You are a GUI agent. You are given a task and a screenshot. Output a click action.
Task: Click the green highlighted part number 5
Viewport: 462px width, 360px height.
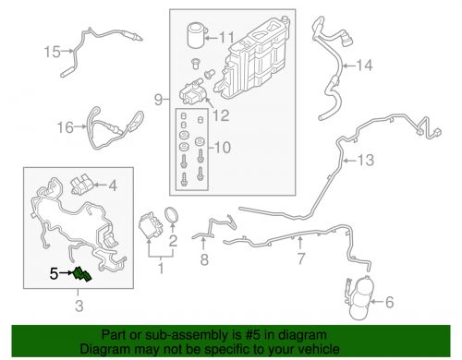pyautogui.click(x=82, y=274)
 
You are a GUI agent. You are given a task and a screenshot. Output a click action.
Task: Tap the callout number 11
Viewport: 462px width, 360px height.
pyautogui.click(x=226, y=38)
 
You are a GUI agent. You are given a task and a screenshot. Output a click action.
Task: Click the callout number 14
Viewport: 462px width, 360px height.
pyautogui.click(x=364, y=66)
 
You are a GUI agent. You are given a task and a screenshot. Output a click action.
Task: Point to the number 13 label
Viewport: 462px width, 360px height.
pyautogui.click(x=366, y=160)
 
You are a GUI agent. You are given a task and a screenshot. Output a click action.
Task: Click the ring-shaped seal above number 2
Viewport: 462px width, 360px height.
pyautogui.click(x=172, y=215)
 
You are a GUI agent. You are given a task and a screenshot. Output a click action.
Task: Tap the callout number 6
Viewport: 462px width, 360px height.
pyautogui.click(x=390, y=302)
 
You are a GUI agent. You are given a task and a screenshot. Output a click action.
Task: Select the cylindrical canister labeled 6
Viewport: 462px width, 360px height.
pyautogui.click(x=359, y=297)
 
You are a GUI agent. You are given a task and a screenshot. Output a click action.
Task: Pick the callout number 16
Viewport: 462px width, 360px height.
pyautogui.click(x=66, y=127)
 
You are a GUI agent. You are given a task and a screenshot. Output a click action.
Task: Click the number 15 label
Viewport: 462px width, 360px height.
pyautogui.click(x=52, y=52)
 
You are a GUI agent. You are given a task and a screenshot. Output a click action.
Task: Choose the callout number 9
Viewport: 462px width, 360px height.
pyautogui.click(x=158, y=100)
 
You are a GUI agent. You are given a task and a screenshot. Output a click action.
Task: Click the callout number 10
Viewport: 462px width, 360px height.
pyautogui.click(x=223, y=147)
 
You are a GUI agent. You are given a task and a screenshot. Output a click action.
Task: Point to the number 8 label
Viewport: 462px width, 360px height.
pyautogui.click(x=204, y=259)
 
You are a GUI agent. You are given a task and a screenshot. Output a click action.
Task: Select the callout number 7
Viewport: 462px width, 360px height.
pyautogui.click(x=301, y=258)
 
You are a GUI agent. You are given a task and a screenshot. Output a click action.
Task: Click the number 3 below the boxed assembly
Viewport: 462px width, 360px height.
pyautogui.click(x=79, y=306)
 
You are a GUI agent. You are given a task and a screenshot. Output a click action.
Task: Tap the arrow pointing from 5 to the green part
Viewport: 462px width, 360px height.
pyautogui.click(x=67, y=272)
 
